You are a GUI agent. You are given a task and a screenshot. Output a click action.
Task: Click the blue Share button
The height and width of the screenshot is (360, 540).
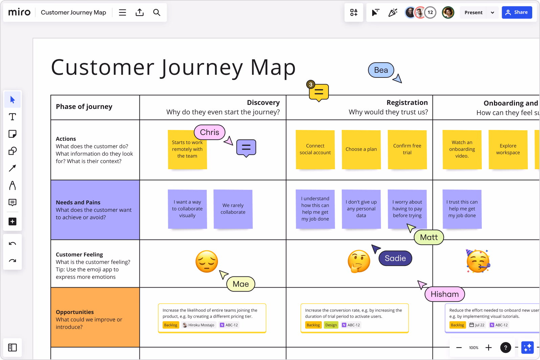(x=517, y=13)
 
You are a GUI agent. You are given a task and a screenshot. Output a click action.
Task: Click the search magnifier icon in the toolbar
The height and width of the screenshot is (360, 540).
(x=156, y=13)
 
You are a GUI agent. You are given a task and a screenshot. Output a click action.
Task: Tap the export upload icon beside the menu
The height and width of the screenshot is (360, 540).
(x=139, y=13)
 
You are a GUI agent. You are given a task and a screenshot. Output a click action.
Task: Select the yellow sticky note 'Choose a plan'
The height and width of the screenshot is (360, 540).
(x=361, y=149)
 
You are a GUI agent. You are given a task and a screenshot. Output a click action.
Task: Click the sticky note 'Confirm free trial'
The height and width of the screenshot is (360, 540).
(x=407, y=149)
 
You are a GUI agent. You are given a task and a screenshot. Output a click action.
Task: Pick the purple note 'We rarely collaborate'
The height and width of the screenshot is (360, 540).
(x=233, y=209)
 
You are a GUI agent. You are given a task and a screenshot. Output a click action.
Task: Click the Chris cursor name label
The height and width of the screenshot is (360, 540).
(x=209, y=132)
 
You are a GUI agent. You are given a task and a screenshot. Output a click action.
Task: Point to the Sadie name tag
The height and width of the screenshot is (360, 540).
(x=395, y=258)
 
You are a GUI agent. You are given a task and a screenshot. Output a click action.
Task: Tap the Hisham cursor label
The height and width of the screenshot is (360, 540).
(x=445, y=294)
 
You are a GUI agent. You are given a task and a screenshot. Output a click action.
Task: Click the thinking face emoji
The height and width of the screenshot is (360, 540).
(x=359, y=261)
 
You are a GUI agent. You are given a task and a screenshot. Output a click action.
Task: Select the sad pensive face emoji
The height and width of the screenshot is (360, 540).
(x=206, y=261)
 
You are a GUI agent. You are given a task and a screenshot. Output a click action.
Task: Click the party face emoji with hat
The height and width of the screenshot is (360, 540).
(x=478, y=261)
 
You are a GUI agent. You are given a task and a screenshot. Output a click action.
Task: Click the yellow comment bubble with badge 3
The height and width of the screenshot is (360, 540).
(x=319, y=92)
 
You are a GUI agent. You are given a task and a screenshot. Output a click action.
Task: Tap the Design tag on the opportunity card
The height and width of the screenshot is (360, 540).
(x=331, y=325)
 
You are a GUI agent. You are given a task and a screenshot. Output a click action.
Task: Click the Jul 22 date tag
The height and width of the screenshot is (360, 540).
(x=477, y=325)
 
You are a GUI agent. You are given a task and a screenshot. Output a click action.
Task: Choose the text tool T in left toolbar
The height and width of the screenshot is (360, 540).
(x=13, y=117)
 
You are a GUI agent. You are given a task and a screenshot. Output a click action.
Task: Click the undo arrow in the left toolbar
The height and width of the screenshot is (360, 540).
(x=13, y=244)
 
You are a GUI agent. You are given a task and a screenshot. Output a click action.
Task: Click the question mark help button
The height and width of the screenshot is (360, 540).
(x=505, y=347)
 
